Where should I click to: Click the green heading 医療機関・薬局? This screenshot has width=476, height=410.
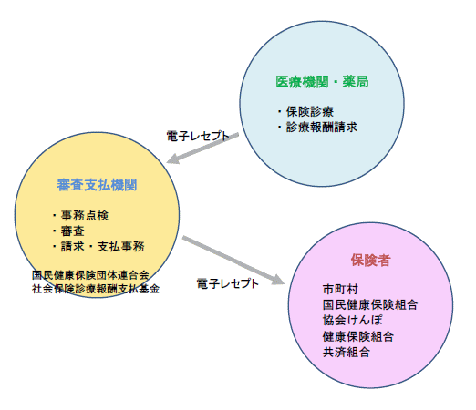pos(322,82)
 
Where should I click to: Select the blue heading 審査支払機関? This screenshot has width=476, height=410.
pos(98,185)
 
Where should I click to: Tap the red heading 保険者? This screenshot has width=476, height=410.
pos(371,260)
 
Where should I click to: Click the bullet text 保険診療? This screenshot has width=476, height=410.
pos(310,112)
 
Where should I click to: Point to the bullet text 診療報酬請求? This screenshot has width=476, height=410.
pos(322,127)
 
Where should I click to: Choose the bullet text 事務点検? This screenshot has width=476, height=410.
pos(85,215)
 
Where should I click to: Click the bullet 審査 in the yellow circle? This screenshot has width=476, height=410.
pos(73,231)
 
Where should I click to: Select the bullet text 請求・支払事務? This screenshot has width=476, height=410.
pos(103,246)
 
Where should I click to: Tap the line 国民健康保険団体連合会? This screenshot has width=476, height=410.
pos(90,275)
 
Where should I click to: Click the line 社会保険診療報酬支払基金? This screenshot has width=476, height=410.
pos(96,289)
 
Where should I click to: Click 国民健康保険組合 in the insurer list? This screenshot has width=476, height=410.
pos(370,304)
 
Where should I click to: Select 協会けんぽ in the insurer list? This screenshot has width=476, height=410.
pos(353,320)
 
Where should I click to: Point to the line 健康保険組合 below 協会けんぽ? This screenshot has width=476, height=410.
pos(358,336)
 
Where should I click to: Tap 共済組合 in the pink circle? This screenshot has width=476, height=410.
pos(347,353)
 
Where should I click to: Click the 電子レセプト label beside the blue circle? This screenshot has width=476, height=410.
pos(198,136)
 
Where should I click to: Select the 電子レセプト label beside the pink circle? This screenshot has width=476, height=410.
pos(228,283)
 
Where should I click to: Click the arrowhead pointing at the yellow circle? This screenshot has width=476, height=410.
pos(173,159)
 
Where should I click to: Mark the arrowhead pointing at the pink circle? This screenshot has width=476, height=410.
pos(278,280)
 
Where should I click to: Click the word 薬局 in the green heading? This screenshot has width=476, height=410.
pos(356,82)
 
